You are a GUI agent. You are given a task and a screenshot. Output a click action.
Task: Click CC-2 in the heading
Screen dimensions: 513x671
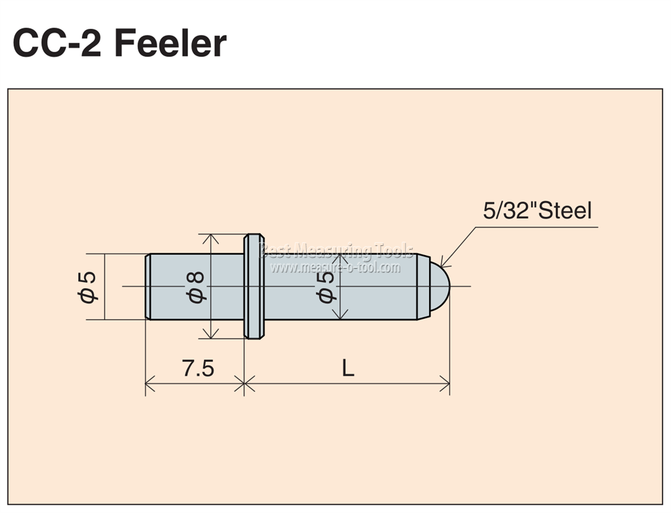58,43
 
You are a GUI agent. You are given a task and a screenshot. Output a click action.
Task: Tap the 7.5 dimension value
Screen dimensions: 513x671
198,368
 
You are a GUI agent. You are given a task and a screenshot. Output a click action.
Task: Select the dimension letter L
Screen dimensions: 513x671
348,368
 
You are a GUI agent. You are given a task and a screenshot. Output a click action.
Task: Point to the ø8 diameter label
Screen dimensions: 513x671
196,287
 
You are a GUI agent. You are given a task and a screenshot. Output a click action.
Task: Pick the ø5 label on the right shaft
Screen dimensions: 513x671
325,287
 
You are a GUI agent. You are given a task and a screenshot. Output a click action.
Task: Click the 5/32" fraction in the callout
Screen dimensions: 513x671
508,211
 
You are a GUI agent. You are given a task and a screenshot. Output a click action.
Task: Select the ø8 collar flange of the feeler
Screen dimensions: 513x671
254,287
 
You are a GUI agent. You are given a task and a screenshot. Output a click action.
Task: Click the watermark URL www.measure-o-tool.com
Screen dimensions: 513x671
335,268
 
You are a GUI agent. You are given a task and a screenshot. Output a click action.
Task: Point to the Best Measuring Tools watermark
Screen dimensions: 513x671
336,251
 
